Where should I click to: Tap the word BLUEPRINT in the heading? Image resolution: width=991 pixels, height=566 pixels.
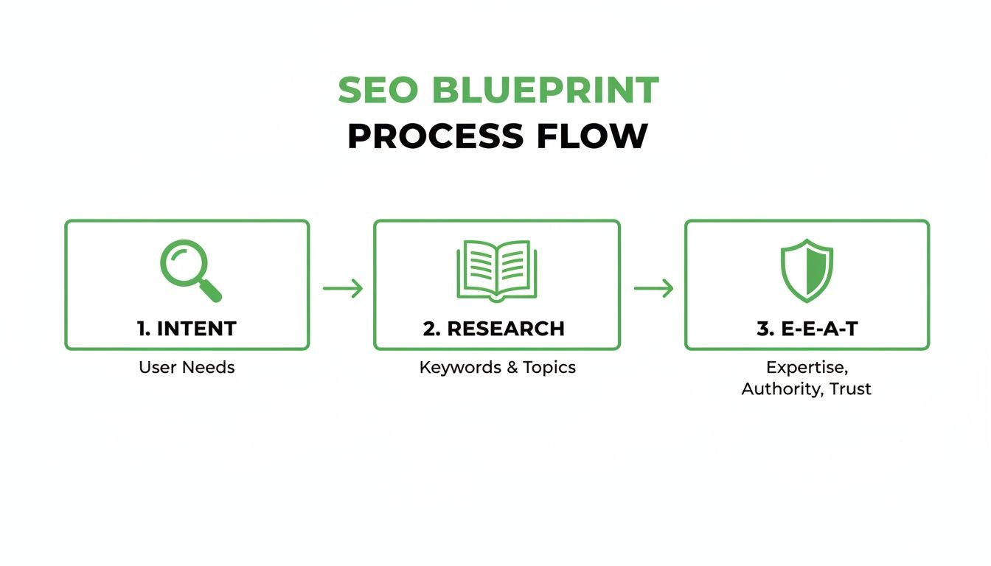pyautogui.click(x=546, y=91)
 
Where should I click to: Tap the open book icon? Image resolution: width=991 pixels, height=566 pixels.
pyautogui.click(x=497, y=270)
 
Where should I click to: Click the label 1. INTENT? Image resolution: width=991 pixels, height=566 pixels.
pyautogui.click(x=187, y=329)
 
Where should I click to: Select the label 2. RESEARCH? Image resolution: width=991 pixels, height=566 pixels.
pyautogui.click(x=494, y=329)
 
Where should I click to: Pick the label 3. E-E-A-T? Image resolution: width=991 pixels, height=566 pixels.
pyautogui.click(x=807, y=329)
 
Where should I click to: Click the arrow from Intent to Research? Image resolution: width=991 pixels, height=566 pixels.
pyautogui.click(x=343, y=288)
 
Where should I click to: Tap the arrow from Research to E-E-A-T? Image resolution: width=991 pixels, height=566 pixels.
pyautogui.click(x=653, y=288)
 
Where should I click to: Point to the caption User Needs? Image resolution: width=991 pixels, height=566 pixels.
pyautogui.click(x=187, y=367)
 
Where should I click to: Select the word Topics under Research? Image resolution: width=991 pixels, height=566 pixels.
pyautogui.click(x=549, y=367)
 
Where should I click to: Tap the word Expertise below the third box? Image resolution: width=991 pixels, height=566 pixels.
pyautogui.click(x=806, y=367)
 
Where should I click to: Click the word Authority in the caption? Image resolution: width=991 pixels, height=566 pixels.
pyautogui.click(x=781, y=388)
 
